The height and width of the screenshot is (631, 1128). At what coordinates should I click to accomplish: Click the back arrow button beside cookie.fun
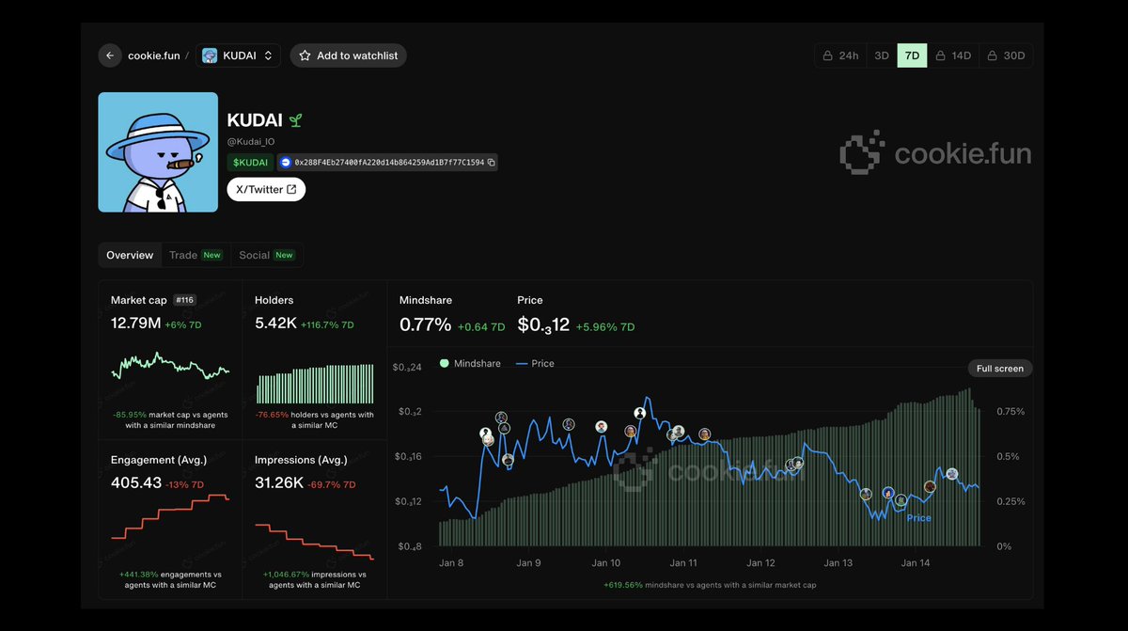pyautogui.click(x=110, y=55)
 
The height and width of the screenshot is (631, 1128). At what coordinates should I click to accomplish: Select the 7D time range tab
pyautogui.click(x=912, y=55)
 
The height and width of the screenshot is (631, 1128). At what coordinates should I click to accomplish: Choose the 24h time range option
pyautogui.click(x=840, y=55)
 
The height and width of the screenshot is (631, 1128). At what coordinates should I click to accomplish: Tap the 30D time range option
pyautogui.click(x=1006, y=55)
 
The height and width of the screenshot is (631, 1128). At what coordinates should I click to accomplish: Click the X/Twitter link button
pyautogui.click(x=266, y=189)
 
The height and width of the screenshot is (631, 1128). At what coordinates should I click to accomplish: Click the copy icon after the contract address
pyautogui.click(x=492, y=163)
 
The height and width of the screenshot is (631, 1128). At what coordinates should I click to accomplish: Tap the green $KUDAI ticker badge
pyautogui.click(x=250, y=163)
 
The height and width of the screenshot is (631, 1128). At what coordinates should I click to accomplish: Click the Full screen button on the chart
pyautogui.click(x=1000, y=369)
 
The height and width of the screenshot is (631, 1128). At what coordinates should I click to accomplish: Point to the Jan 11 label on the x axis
pyautogui.click(x=683, y=563)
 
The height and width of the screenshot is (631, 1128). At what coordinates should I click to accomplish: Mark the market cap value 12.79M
pyautogui.click(x=135, y=323)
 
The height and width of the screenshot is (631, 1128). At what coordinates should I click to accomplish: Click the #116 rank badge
pyautogui.click(x=184, y=300)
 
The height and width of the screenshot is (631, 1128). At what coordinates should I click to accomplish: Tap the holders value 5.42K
pyautogui.click(x=274, y=323)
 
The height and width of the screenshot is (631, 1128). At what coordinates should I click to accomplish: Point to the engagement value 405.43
pyautogui.click(x=135, y=482)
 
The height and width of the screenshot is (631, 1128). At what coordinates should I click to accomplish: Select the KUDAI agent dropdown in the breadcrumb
pyautogui.click(x=238, y=55)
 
